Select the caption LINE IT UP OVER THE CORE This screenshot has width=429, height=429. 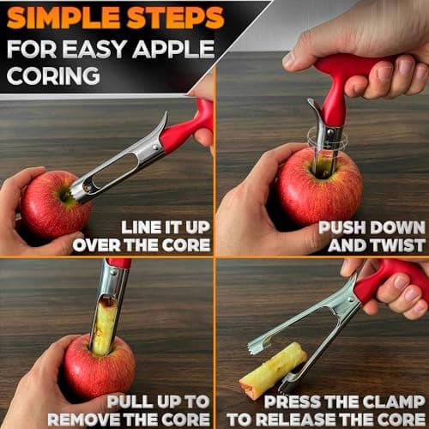pos(142,236)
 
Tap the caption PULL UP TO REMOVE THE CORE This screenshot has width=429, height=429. pos(129,409)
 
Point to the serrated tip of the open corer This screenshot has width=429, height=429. pos(254,347)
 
